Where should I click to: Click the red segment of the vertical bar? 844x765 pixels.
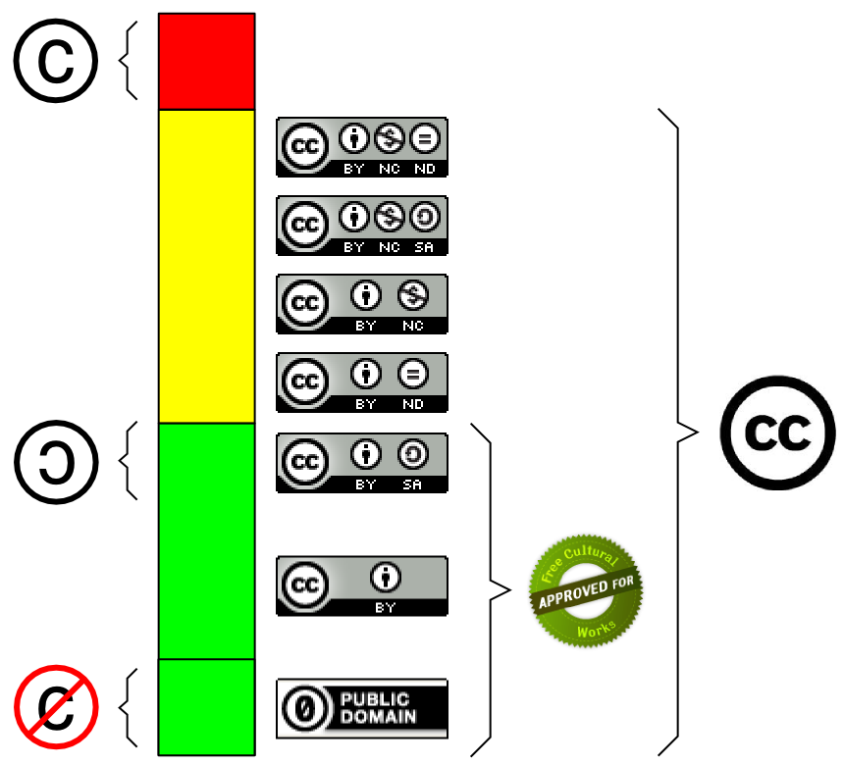(x=207, y=62)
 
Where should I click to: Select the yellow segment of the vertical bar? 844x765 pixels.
(x=207, y=267)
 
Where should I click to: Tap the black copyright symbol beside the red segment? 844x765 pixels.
(x=56, y=60)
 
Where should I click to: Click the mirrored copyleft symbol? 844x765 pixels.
(x=56, y=462)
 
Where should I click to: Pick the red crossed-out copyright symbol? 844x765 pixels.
(x=56, y=707)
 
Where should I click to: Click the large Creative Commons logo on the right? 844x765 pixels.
(x=778, y=433)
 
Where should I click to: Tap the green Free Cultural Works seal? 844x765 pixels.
(x=586, y=590)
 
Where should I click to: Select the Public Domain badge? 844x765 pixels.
(x=362, y=708)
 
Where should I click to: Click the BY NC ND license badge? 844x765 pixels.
(x=362, y=147)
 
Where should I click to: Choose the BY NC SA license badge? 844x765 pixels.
(x=362, y=226)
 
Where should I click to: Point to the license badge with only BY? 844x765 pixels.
(x=362, y=586)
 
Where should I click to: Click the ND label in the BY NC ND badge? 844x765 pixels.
(x=425, y=169)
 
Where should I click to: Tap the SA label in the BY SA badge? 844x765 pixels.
(x=412, y=484)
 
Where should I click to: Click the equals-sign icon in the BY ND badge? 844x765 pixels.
(x=413, y=374)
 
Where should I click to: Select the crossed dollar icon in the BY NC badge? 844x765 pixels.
(x=413, y=295)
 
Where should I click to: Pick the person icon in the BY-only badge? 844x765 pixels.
(x=386, y=577)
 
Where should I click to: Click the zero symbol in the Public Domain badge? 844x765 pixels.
(x=304, y=708)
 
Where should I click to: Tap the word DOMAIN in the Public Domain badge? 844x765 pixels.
(x=379, y=717)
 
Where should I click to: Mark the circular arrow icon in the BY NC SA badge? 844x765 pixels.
(x=425, y=217)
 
